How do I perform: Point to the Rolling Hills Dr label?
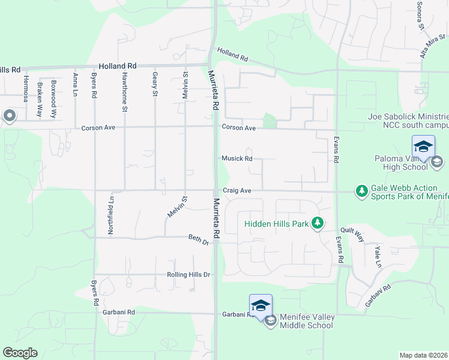click(x=188, y=275)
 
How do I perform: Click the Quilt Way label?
click(x=352, y=234)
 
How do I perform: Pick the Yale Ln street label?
click(x=378, y=256)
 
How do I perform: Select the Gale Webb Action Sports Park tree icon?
click(x=361, y=191)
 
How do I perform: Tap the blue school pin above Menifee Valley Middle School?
click(x=261, y=305)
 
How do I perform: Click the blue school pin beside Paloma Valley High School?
click(x=423, y=147)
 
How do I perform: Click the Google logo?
click(x=20, y=353)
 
